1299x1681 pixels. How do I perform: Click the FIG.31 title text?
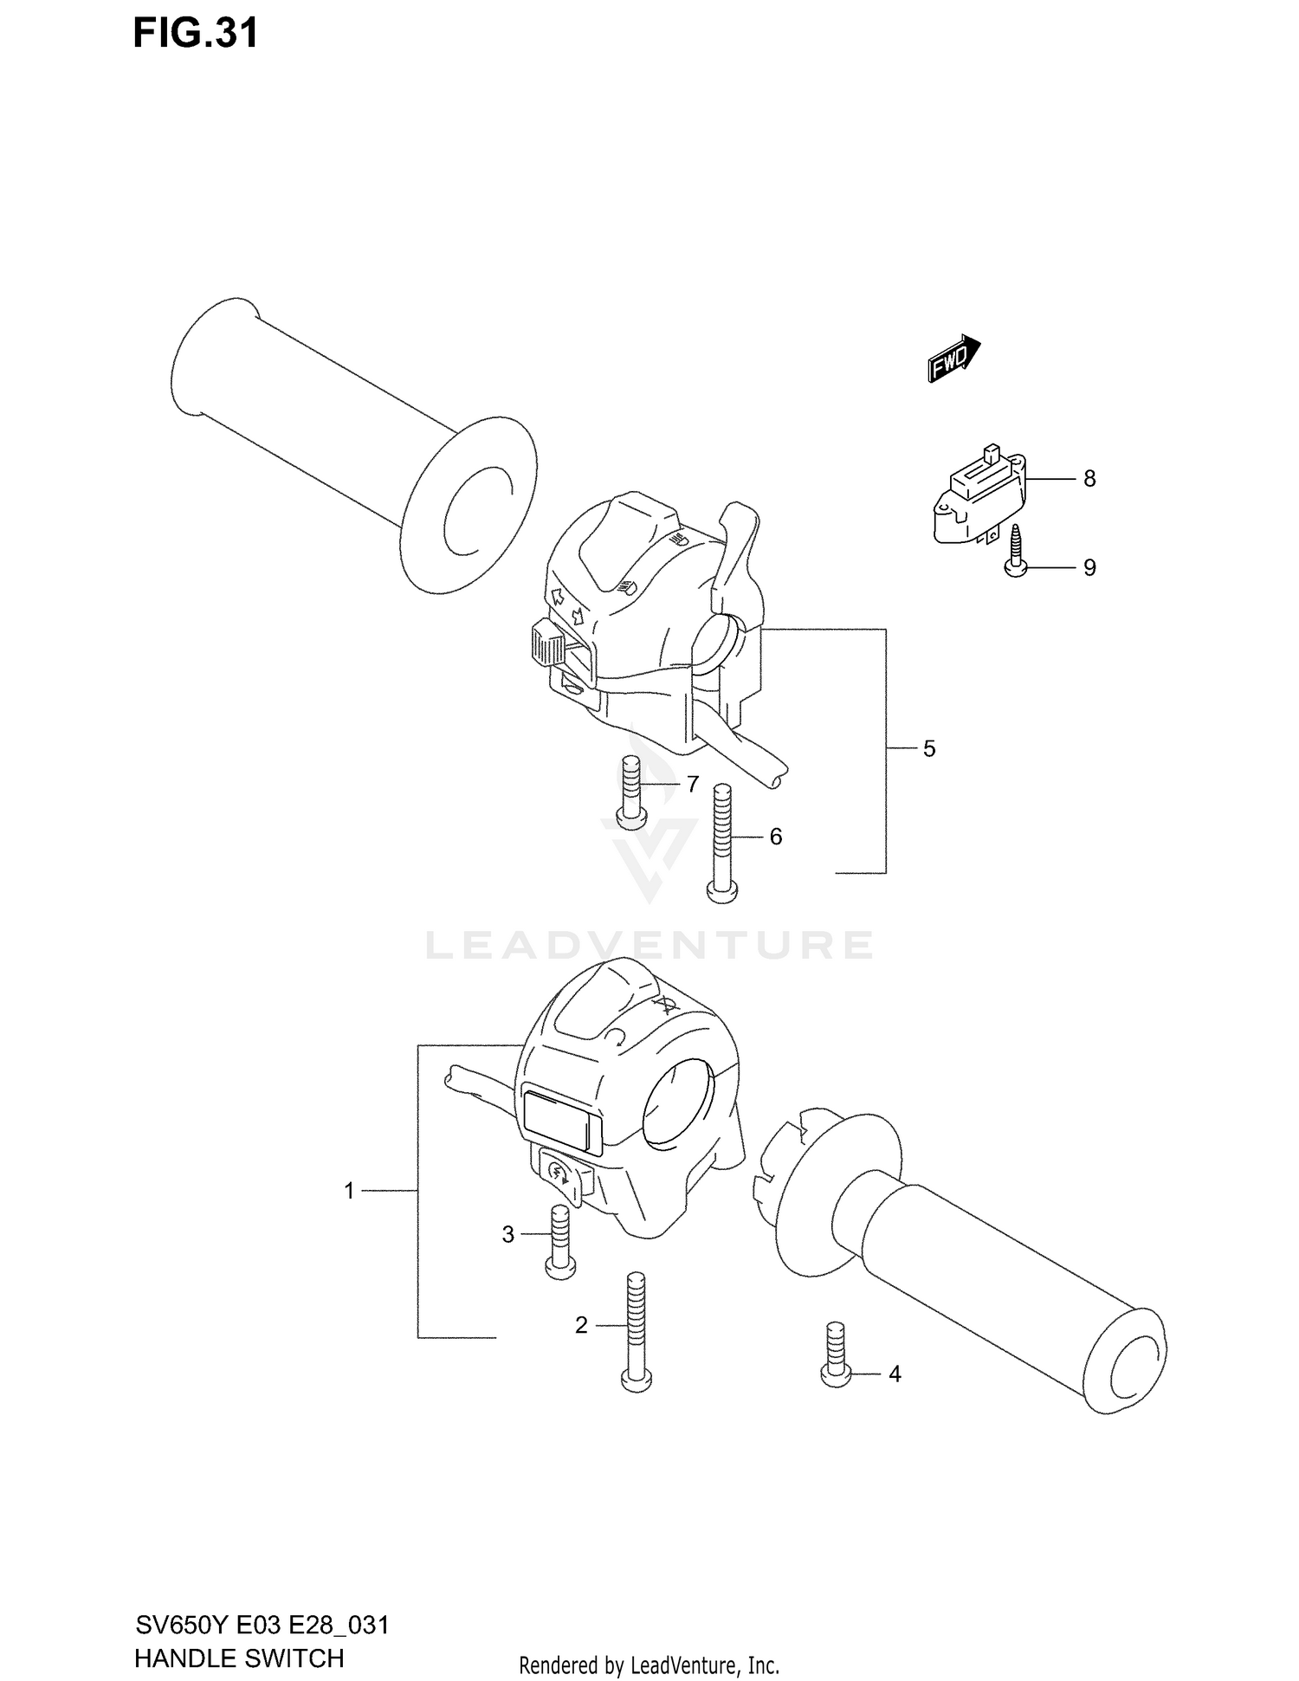coord(196,34)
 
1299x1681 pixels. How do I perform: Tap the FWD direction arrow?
coord(953,359)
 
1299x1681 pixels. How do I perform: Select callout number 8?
coord(1089,479)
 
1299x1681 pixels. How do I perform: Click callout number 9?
coord(1089,568)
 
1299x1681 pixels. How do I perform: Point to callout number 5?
coord(929,749)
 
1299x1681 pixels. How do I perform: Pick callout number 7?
coord(692,785)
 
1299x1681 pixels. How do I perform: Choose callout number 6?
coord(775,837)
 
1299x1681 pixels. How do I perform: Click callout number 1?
coord(350,1192)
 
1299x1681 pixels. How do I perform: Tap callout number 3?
coord(508,1235)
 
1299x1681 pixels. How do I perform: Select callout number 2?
coord(581,1325)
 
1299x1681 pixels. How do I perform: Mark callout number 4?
coord(895,1374)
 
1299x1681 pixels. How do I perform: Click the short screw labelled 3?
coord(561,1242)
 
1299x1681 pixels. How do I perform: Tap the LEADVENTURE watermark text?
coord(649,946)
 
